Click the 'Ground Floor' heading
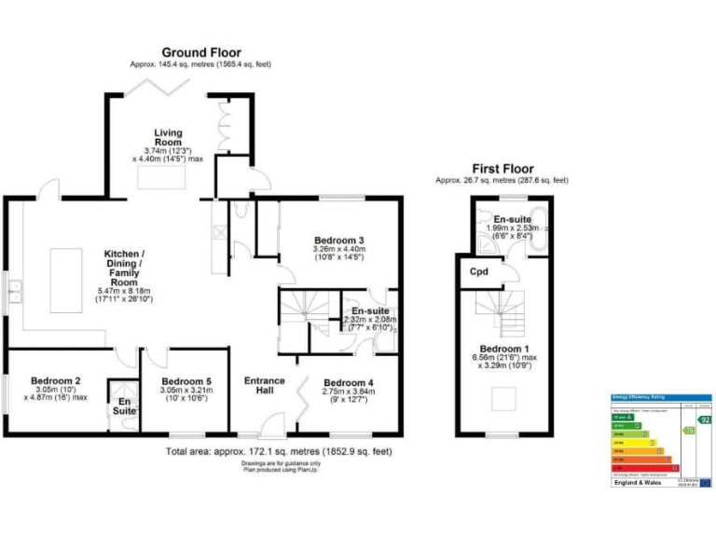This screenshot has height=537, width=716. (200, 52)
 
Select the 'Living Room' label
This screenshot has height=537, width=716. (168, 138)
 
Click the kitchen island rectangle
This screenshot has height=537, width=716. (65, 279)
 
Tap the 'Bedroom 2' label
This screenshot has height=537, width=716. (55, 380)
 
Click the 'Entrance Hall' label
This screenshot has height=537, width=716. (265, 386)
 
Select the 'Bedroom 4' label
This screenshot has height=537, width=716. (348, 382)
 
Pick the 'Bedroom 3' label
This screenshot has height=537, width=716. (338, 241)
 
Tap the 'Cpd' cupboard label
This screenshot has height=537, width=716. (479, 272)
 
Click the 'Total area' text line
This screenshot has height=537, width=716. (279, 451)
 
